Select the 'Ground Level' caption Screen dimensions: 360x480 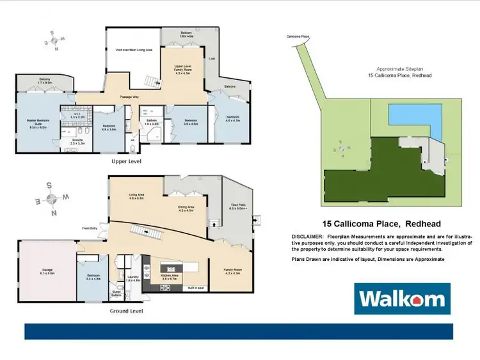pyautogui.click(x=127, y=311)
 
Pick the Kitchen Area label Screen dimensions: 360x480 pyautogui.click(x=169, y=276)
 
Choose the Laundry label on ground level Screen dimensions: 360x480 pyautogui.click(x=132, y=278)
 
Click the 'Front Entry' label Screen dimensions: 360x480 pyautogui.click(x=90, y=228)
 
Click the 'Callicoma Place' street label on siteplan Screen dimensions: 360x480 pyautogui.click(x=298, y=37)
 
